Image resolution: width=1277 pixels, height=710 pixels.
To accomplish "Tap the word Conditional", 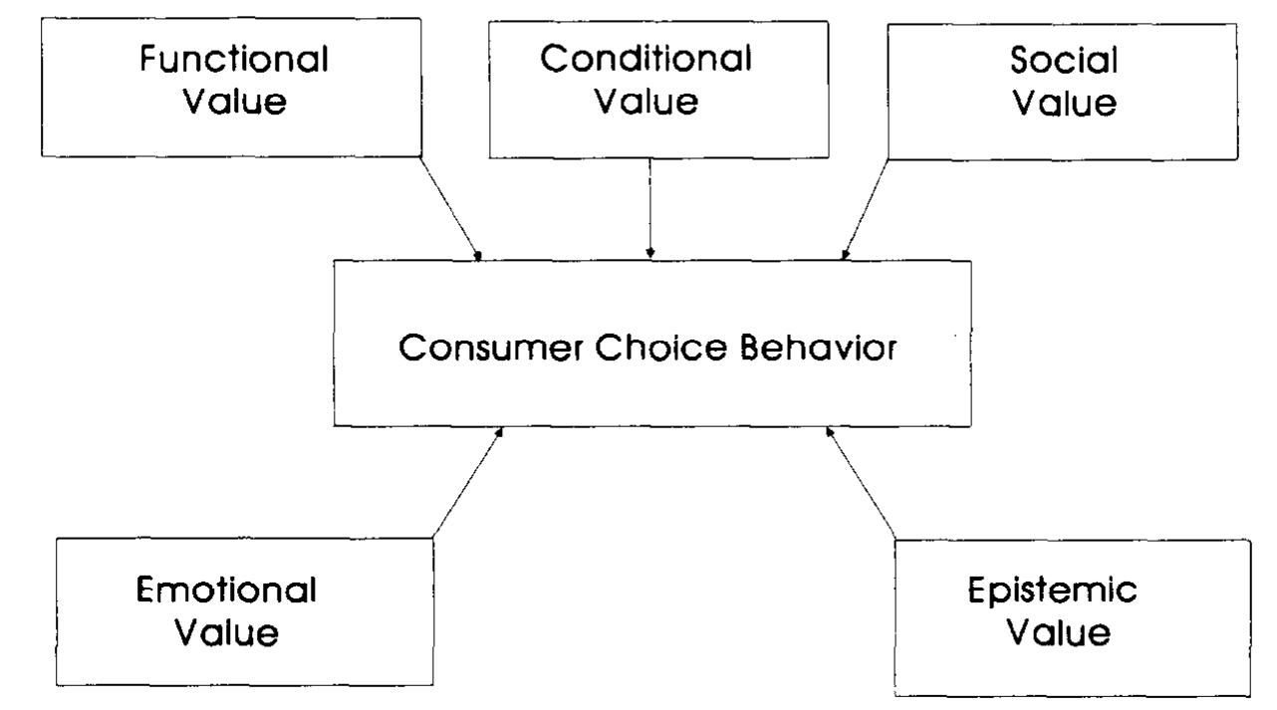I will click(645, 59).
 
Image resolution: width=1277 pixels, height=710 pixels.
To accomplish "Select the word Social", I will click(1064, 62).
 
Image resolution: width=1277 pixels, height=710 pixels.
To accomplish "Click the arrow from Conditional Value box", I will click(649, 204).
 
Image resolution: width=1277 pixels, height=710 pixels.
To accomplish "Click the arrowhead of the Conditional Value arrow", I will click(649, 252).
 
